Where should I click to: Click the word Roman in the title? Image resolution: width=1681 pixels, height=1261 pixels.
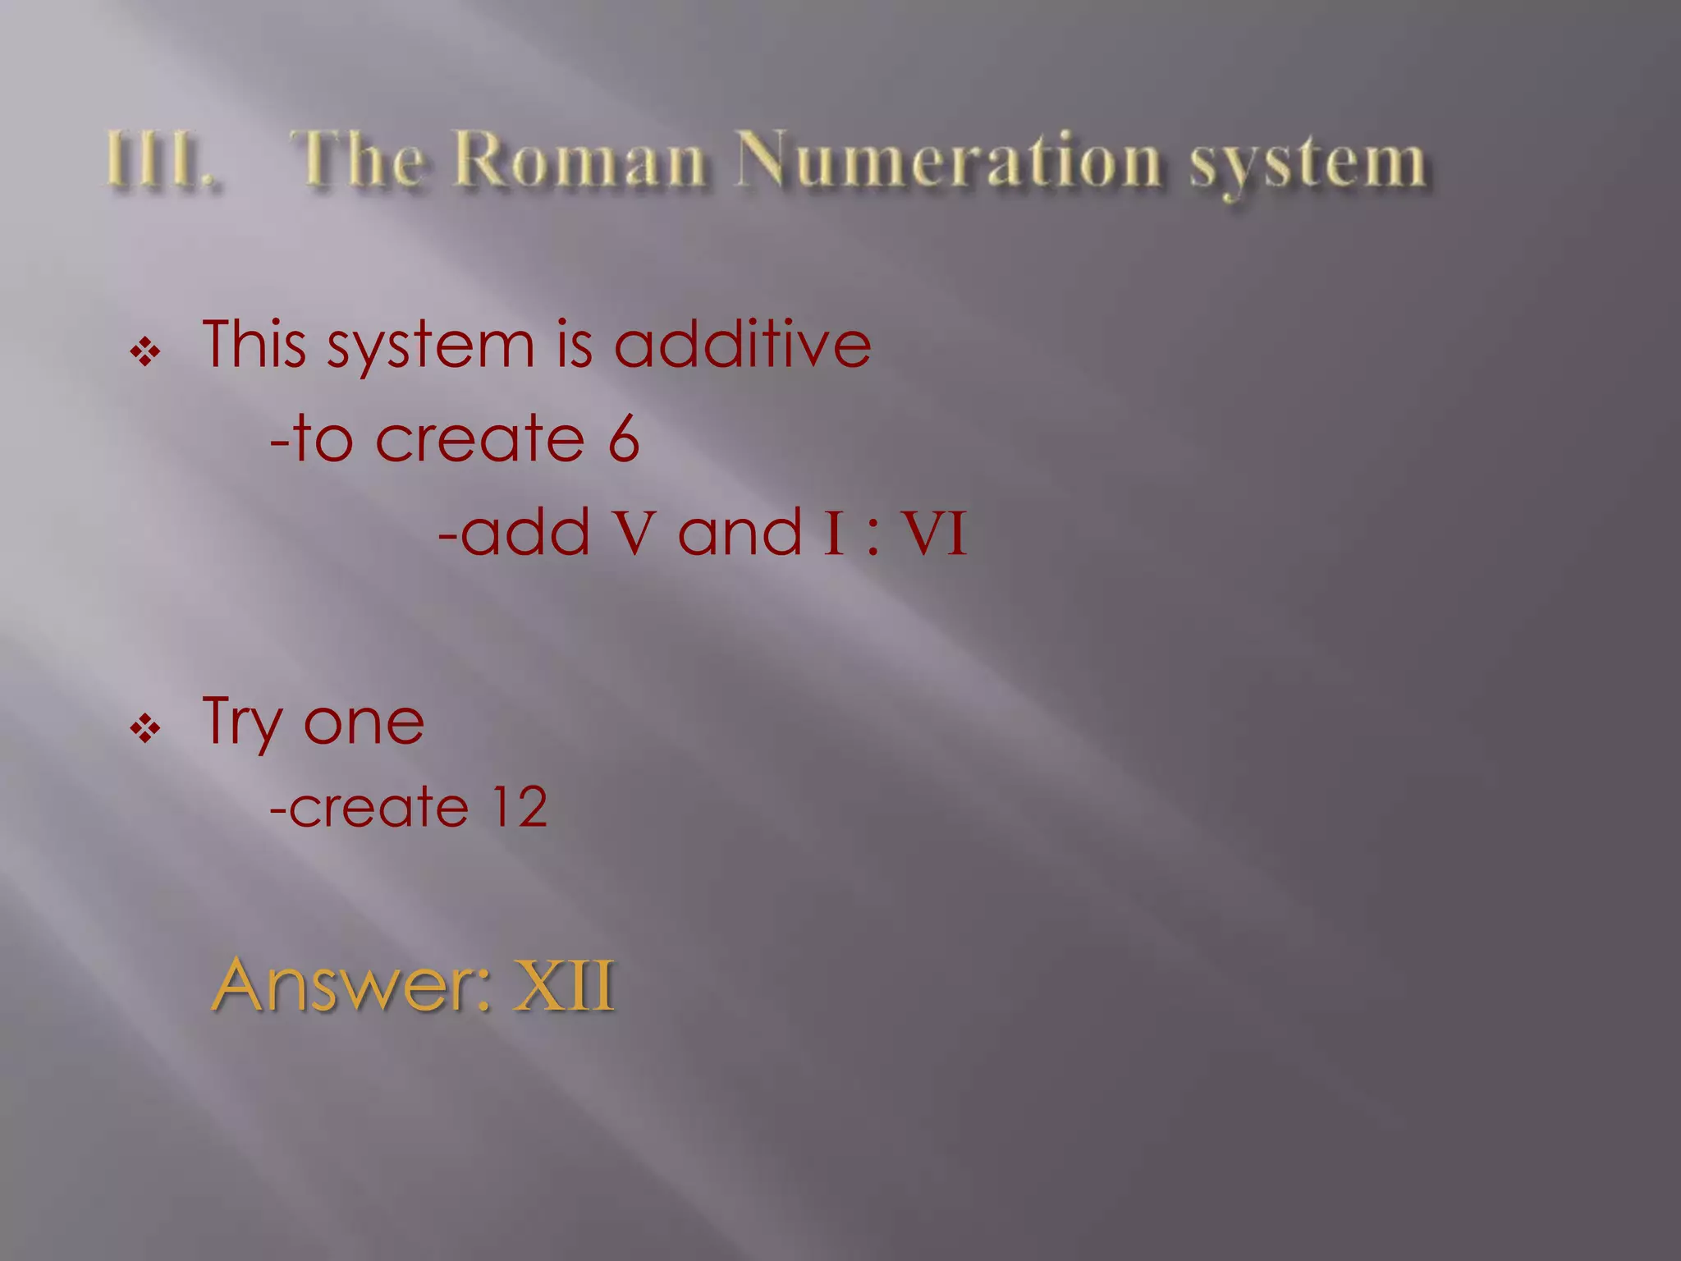point(579,158)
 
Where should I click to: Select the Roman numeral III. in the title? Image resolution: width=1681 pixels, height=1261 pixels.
point(161,160)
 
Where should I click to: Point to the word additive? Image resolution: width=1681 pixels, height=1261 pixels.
point(742,344)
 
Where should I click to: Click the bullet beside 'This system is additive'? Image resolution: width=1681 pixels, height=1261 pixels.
point(145,353)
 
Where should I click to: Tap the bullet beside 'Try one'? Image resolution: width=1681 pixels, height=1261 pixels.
point(145,727)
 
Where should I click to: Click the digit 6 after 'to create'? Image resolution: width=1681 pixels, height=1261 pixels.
point(623,439)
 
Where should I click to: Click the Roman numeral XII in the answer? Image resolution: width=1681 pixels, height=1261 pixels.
point(564,984)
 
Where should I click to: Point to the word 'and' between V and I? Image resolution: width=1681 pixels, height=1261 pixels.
point(739,533)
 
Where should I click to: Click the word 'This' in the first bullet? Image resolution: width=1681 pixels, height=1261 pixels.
point(254,344)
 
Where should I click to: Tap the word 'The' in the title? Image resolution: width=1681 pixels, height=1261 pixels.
point(360,158)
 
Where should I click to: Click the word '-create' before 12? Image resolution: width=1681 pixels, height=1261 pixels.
point(369,808)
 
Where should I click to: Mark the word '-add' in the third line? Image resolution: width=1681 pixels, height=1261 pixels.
point(514,533)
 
